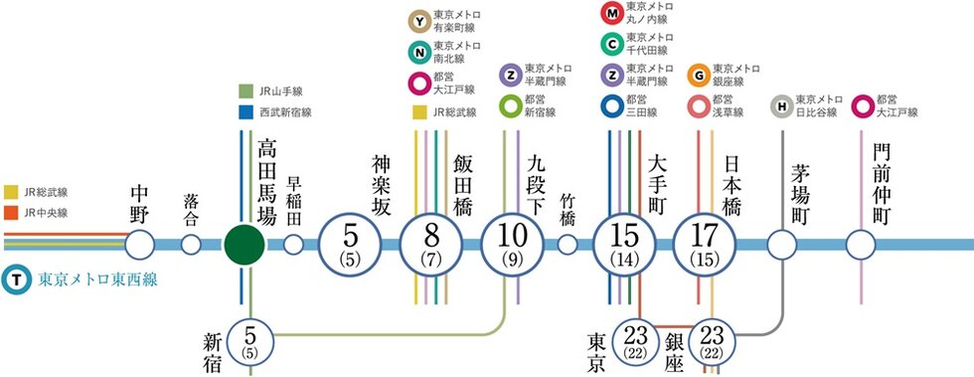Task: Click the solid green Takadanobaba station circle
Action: (243, 244)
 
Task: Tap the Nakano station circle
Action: (140, 244)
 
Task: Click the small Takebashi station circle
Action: (568, 244)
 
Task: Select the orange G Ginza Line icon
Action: (699, 75)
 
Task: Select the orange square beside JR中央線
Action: (11, 212)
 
